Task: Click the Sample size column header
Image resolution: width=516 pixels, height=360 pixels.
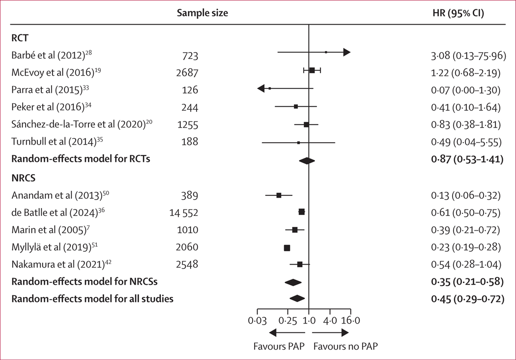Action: pyautogui.click(x=202, y=13)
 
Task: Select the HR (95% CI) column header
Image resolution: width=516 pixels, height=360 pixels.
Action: pyautogui.click(x=458, y=13)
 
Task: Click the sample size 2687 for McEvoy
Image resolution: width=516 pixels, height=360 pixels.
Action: pyautogui.click(x=187, y=72)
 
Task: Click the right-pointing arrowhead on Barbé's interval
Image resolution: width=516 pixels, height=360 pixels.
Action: pyautogui.click(x=347, y=52)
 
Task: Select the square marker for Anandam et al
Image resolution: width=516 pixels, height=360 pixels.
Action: pyautogui.click(x=279, y=195)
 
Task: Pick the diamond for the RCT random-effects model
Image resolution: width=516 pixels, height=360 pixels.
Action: pyautogui.click(x=307, y=161)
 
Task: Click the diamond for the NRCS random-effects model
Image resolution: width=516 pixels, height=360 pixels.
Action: pyautogui.click(x=293, y=282)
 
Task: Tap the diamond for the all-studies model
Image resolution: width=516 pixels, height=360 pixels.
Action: pyautogui.click(x=297, y=299)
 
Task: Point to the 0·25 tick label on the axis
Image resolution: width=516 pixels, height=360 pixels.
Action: pyautogui.click(x=287, y=321)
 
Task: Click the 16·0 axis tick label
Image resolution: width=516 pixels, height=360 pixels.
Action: pyautogui.click(x=350, y=321)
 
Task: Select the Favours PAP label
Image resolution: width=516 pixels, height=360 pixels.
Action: pyautogui.click(x=279, y=347)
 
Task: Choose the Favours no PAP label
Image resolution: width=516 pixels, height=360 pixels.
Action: pyautogui.click(x=345, y=347)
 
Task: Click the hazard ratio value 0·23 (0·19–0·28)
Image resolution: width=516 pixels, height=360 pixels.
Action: pyautogui.click(x=466, y=247)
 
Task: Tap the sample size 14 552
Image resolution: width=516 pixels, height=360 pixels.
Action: pyautogui.click(x=184, y=213)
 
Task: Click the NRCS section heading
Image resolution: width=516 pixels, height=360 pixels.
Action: pyautogui.click(x=24, y=178)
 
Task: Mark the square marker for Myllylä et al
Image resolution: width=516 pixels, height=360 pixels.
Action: pyautogui.click(x=287, y=248)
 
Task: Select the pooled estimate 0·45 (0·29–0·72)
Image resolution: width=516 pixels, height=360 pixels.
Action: pyautogui.click(x=468, y=299)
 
